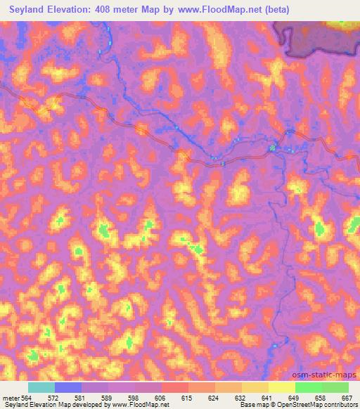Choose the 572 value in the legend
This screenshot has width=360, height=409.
[54, 398]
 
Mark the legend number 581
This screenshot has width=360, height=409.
[81, 398]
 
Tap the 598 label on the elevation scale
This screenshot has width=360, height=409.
[134, 398]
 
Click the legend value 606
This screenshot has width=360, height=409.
[160, 398]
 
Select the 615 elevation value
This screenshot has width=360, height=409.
[187, 398]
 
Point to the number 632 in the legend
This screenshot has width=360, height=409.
[240, 398]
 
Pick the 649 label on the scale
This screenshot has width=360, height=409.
[294, 398]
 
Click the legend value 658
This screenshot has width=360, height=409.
[321, 398]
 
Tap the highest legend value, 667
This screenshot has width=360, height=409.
[346, 398]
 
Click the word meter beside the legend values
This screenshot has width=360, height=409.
[10, 398]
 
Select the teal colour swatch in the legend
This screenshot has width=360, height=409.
[41, 387]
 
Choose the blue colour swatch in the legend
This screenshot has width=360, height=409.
[67, 387]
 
